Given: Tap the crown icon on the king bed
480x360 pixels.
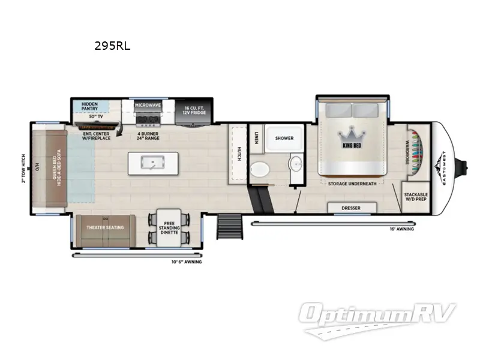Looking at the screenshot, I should tap(351, 136).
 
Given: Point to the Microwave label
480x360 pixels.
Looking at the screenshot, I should tap(148, 105).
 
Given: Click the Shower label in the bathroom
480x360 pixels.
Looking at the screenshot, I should tap(284, 138).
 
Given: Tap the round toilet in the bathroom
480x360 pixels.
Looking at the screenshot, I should tap(259, 169).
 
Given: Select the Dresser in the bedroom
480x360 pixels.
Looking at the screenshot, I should tap(352, 208).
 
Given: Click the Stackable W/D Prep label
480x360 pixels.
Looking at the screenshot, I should tap(416, 197).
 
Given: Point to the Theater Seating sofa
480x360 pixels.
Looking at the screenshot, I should tap(106, 227).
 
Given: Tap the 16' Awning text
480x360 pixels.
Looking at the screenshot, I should tap(401, 229).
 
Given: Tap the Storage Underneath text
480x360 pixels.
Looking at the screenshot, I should tap(352, 184).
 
